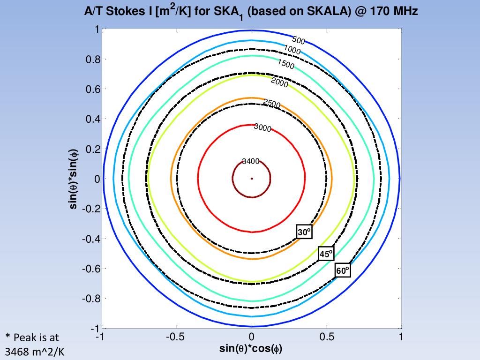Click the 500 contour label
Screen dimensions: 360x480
click(x=299, y=41)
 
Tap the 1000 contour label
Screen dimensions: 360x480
click(x=292, y=50)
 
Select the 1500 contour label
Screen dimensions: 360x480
click(x=285, y=64)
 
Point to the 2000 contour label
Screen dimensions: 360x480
click(x=279, y=83)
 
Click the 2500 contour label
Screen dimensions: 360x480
click(x=271, y=104)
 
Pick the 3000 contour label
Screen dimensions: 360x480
click(x=262, y=127)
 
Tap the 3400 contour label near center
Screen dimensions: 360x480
click(x=251, y=161)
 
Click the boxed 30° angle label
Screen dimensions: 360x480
click(x=304, y=232)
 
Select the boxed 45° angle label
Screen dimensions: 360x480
click(x=326, y=254)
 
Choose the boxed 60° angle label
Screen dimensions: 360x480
click(x=343, y=270)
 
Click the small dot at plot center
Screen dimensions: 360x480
click(x=252, y=179)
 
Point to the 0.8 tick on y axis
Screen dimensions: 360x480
click(x=94, y=60)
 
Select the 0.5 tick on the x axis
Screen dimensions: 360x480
click(x=327, y=337)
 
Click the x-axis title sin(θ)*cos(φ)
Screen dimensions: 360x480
click(x=251, y=349)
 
